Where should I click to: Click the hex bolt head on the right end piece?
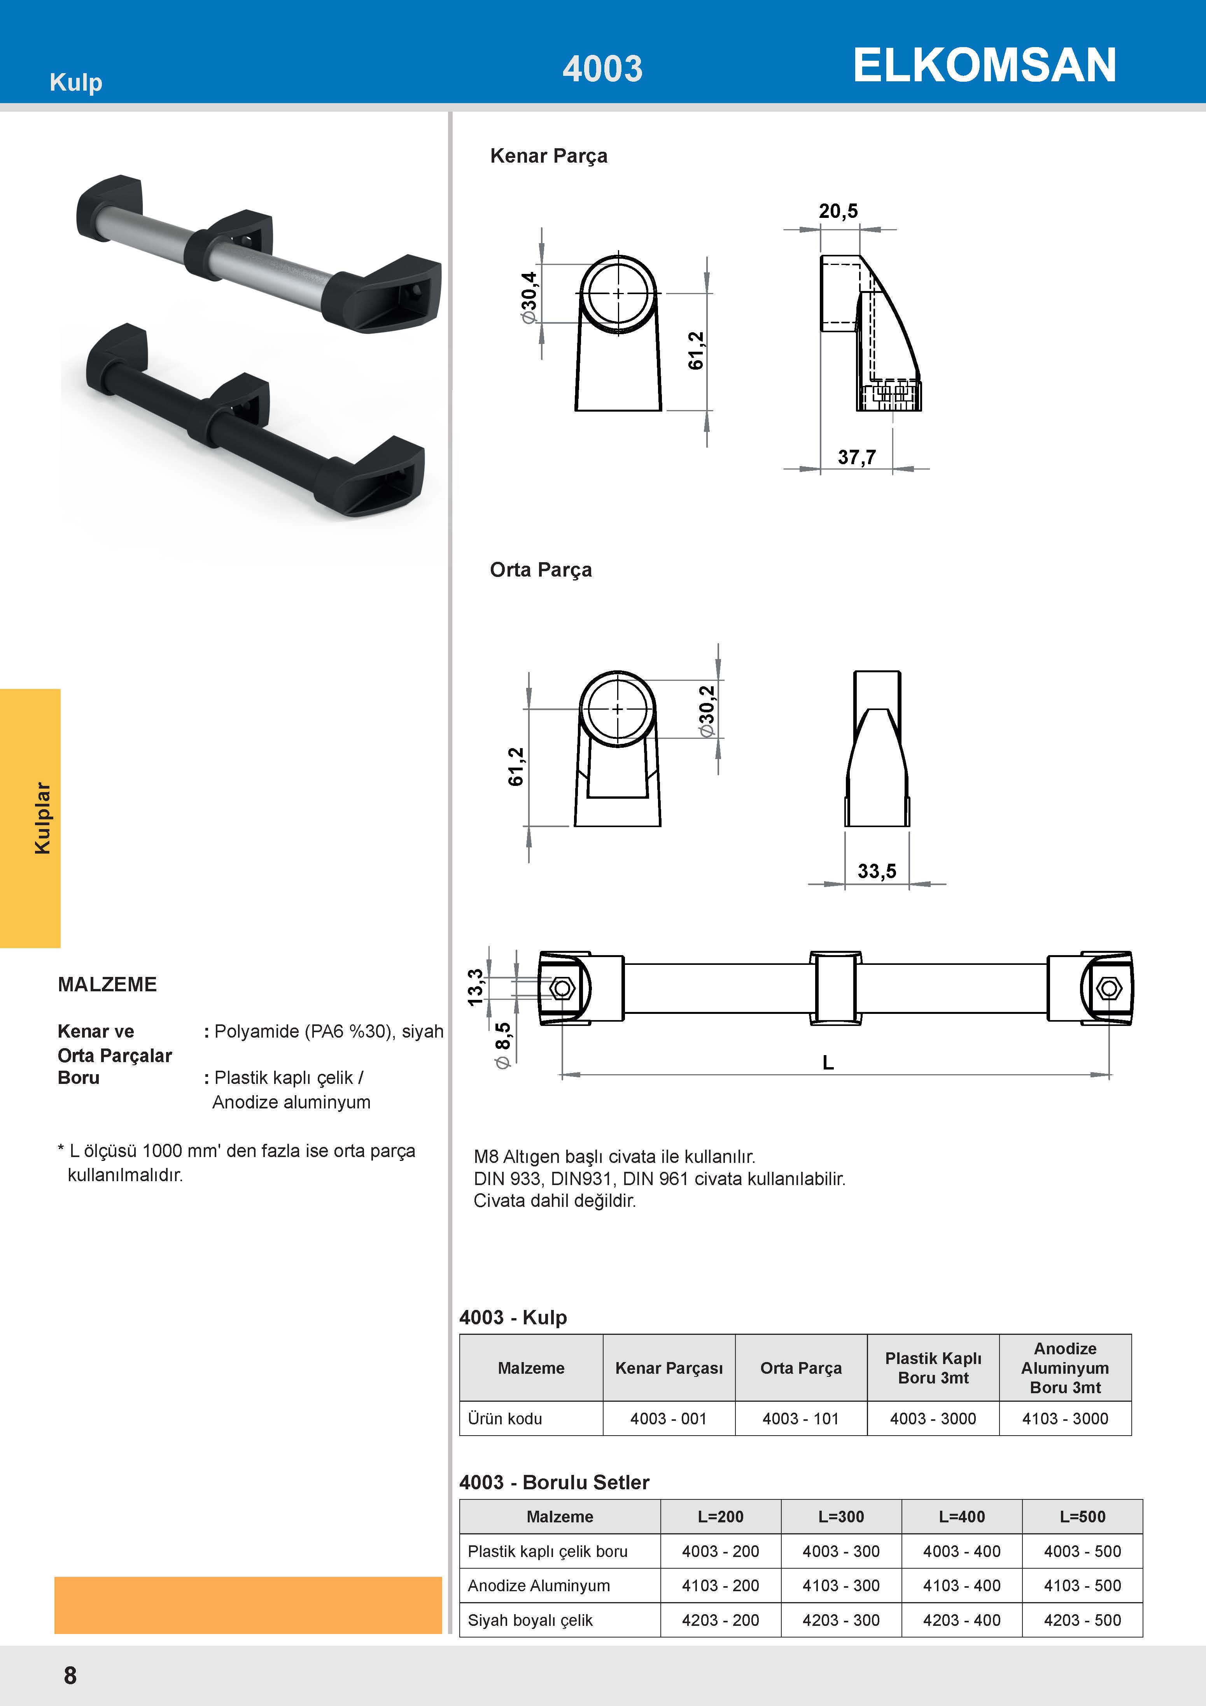[1110, 988]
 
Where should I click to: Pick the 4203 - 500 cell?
[1082, 1620]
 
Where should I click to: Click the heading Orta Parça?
[541, 570]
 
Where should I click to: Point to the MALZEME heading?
[107, 985]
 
